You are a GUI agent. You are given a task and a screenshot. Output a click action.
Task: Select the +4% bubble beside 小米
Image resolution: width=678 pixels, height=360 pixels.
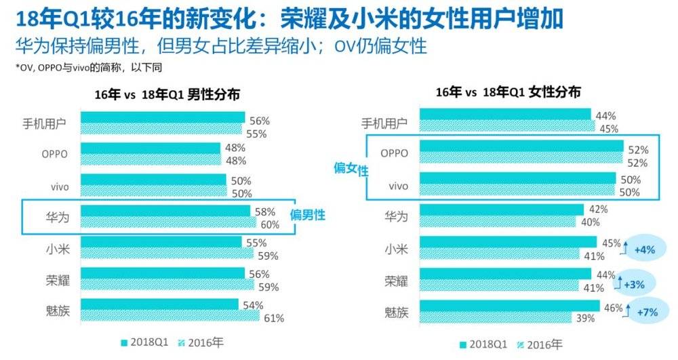(x=644, y=249)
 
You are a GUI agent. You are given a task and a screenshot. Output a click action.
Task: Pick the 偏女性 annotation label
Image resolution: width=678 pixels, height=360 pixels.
(x=351, y=169)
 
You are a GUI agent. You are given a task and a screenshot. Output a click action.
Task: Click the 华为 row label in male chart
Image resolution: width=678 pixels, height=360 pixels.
(x=56, y=217)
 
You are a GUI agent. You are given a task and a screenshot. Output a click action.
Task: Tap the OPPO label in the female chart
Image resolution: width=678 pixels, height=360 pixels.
(x=394, y=153)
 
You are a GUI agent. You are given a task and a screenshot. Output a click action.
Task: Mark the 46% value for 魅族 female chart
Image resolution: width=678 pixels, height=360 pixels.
(x=613, y=306)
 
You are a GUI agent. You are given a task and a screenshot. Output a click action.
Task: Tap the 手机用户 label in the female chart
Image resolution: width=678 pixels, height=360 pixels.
(x=384, y=123)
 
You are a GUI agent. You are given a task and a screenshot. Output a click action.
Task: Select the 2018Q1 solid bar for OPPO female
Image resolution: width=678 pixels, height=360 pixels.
(x=521, y=146)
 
